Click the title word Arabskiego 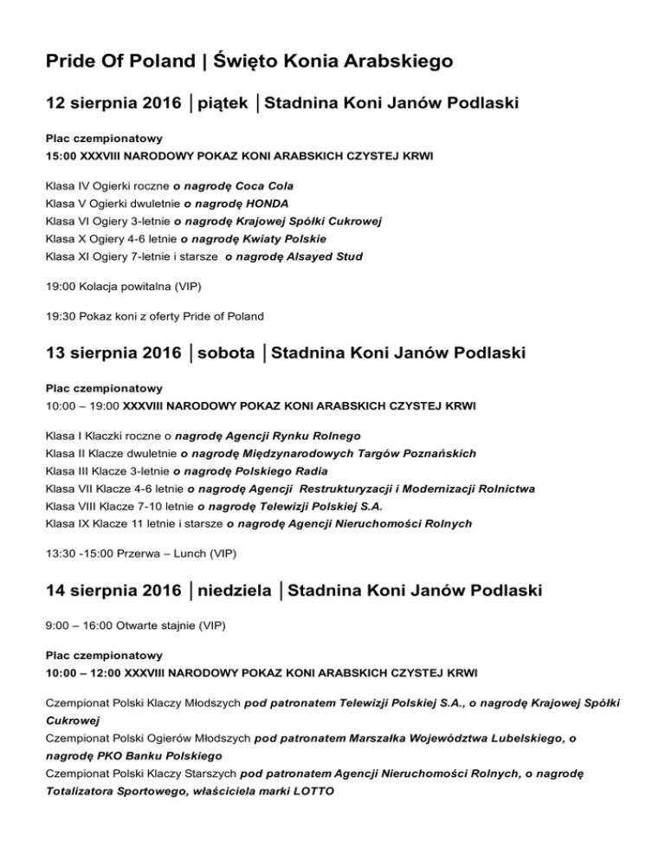405,62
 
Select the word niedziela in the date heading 237,592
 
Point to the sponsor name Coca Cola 264,186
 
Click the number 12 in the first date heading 56,105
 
